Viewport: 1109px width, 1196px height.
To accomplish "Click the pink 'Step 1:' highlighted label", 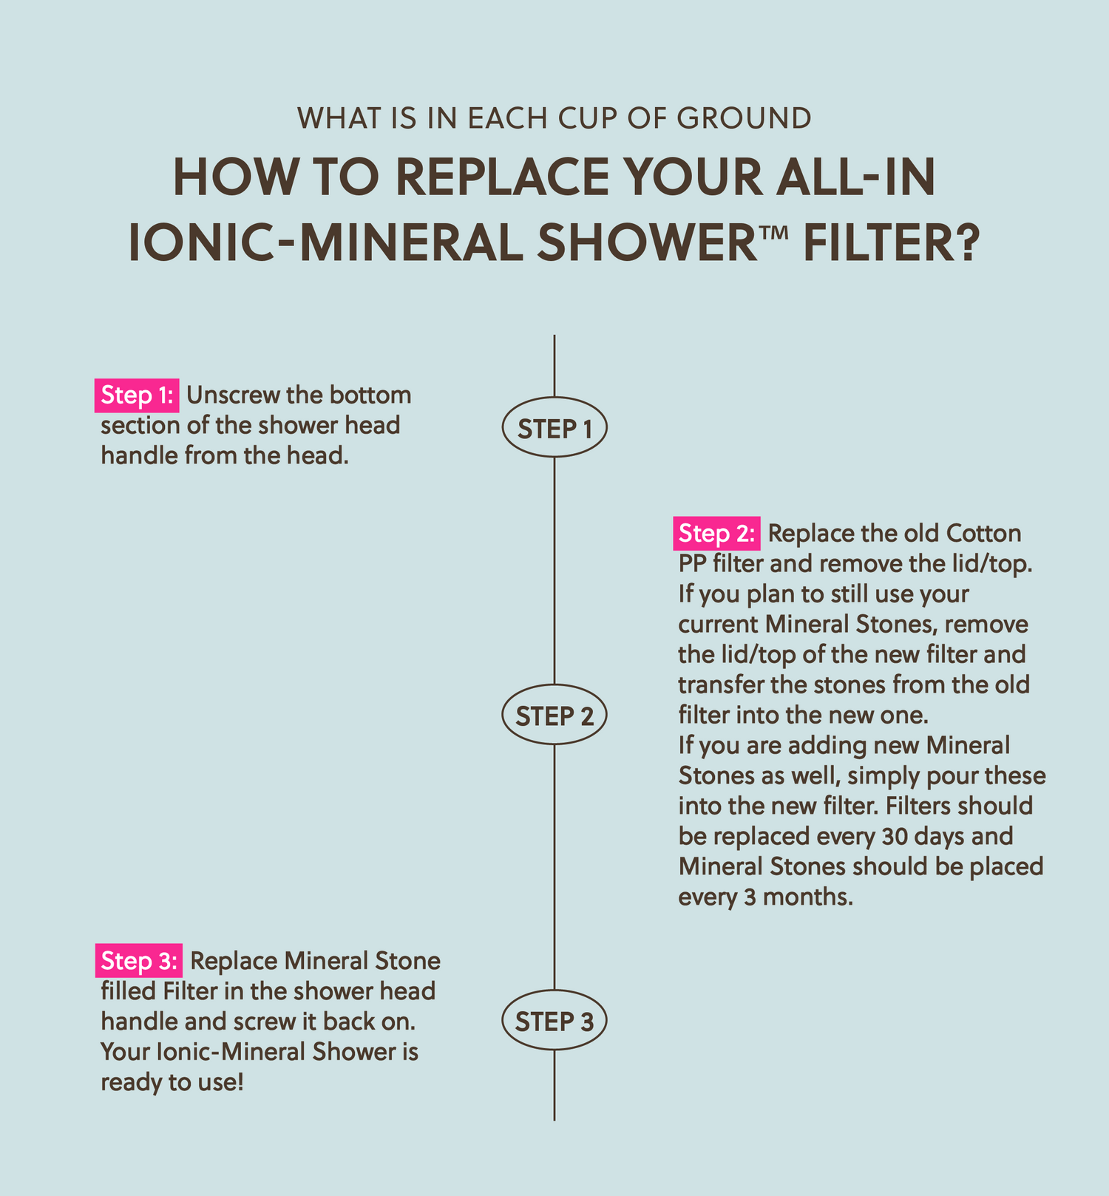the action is [137, 395].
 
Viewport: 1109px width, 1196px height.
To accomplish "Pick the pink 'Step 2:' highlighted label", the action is [716, 534].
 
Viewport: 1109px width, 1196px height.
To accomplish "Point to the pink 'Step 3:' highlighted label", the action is [138, 961].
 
